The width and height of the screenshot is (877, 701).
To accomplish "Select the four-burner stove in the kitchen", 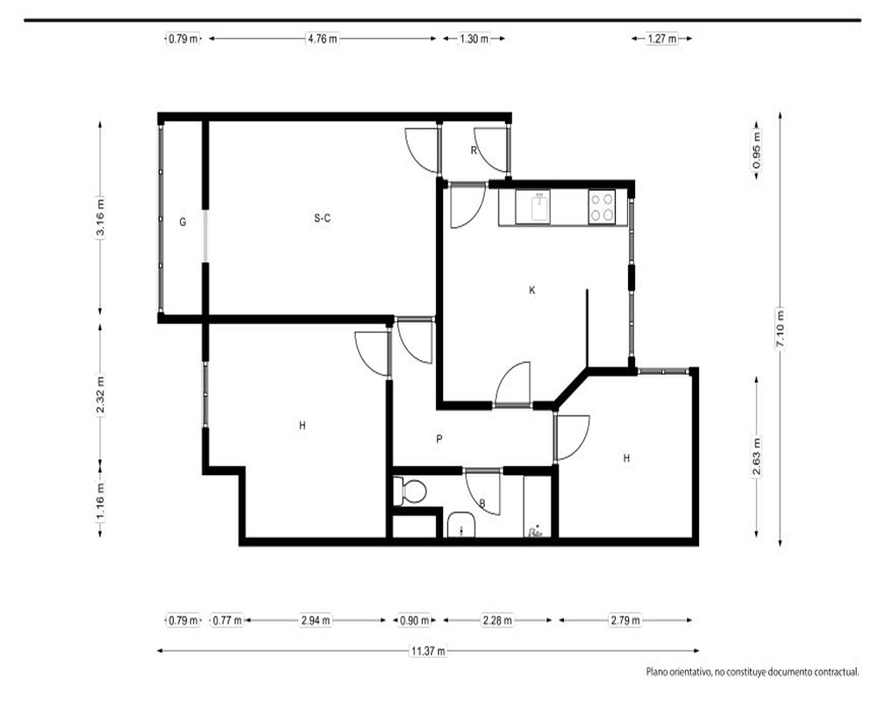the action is [602, 208].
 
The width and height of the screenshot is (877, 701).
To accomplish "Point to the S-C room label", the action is [322, 218].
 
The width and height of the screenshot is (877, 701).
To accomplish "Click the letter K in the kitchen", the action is [532, 289].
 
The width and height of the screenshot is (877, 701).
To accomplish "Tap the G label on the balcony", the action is [182, 222].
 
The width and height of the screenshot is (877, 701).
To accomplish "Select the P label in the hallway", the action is [439, 439].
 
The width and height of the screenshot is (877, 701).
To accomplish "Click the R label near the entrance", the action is [474, 150].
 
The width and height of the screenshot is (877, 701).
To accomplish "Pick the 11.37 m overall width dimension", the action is [429, 651].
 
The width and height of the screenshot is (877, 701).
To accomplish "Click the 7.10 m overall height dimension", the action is [781, 329].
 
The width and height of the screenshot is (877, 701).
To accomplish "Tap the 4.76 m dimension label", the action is [322, 39].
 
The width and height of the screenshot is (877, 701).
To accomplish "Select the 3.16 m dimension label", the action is [100, 218].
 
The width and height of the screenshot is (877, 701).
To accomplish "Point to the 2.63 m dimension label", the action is [757, 457].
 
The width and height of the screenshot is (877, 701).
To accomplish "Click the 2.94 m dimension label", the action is [316, 620].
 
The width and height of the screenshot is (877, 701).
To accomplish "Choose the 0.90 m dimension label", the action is [414, 620].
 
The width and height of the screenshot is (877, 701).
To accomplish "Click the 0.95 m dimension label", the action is [757, 151].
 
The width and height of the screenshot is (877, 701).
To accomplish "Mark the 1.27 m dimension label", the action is [661, 39].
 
